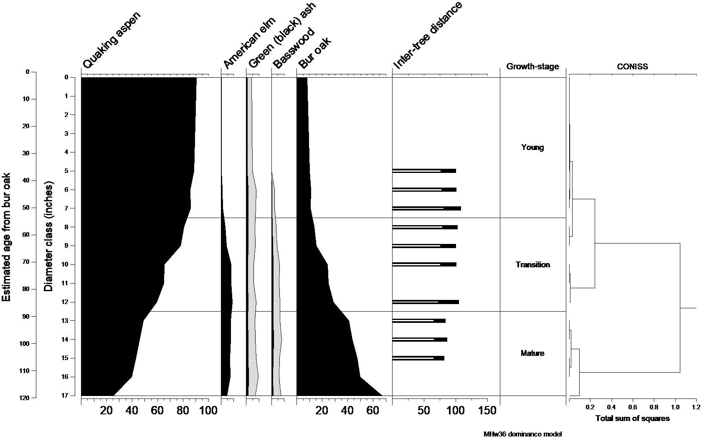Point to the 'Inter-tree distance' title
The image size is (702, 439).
[428, 35]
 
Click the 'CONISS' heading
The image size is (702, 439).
[632, 66]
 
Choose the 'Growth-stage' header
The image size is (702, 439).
[532, 66]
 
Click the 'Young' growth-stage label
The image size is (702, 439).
[532, 147]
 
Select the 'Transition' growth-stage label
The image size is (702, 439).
[532, 264]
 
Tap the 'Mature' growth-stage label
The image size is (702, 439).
[532, 353]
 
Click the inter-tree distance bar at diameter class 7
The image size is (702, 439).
[426, 208]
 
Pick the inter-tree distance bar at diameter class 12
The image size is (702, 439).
[426, 302]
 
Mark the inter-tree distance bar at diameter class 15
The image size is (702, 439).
[418, 358]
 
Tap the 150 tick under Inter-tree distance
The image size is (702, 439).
[487, 411]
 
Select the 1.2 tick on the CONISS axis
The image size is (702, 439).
[696, 406]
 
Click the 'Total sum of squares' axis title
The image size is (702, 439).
[632, 419]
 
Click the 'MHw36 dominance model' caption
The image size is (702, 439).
[522, 434]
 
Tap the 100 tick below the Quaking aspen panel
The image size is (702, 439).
[209, 411]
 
